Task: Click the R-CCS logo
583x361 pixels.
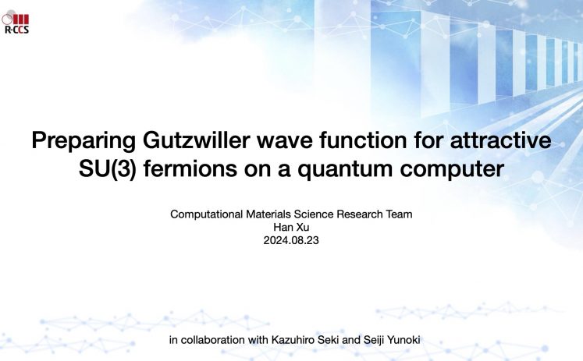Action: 16,23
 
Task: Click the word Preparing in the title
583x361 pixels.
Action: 84,141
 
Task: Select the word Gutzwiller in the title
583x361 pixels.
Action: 196,140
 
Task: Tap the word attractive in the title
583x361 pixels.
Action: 500,140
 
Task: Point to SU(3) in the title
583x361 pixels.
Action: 108,169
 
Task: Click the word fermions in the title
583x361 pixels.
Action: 190,168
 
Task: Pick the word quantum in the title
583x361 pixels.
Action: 345,170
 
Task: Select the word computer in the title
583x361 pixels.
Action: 452,170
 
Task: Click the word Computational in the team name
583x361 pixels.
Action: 206,214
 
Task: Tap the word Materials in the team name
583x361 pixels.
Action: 268,214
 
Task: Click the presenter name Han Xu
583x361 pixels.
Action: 291,227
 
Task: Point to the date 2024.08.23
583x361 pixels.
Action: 291,240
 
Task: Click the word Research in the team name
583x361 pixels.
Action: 359,214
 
